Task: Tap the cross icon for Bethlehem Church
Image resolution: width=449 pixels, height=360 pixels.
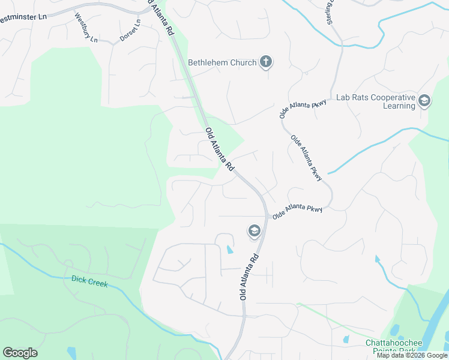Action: (267, 62)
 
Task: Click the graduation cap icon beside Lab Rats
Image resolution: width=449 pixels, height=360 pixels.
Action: (425, 101)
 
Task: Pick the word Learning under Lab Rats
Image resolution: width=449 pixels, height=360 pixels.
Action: (399, 106)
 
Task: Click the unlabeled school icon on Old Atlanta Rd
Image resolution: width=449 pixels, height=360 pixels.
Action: (254, 230)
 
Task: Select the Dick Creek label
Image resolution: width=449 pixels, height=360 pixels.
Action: (89, 280)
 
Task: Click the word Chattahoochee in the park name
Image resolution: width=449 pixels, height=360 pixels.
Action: (394, 343)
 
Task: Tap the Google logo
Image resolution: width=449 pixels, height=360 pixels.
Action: (20, 353)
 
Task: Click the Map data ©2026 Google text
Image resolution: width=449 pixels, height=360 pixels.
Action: (412, 356)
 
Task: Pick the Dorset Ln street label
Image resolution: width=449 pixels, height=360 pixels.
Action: (130, 30)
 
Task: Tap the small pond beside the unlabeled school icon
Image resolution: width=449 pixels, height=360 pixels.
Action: (229, 249)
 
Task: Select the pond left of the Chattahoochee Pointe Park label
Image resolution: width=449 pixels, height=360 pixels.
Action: (346, 339)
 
